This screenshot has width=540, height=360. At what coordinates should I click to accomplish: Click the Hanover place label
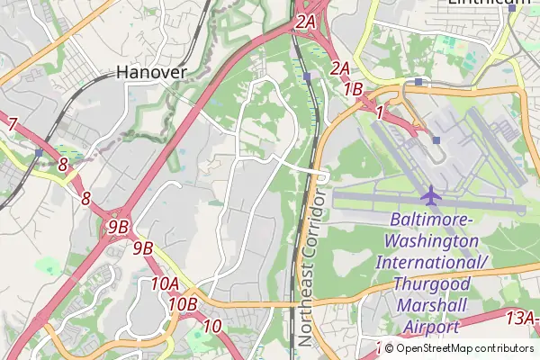tap(151, 72)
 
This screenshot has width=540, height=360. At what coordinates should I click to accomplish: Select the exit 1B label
tap(353, 89)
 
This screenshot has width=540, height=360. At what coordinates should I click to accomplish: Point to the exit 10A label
tap(166, 284)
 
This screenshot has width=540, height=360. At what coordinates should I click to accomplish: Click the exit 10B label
tap(182, 304)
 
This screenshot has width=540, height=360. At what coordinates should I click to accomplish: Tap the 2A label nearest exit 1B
tap(339, 67)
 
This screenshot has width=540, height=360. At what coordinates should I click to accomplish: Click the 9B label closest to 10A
tap(143, 247)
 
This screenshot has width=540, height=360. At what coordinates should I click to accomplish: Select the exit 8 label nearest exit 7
tap(62, 165)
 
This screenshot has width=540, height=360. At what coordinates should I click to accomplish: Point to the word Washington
tap(431, 242)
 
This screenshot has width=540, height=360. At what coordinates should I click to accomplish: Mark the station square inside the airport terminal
tap(436, 139)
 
